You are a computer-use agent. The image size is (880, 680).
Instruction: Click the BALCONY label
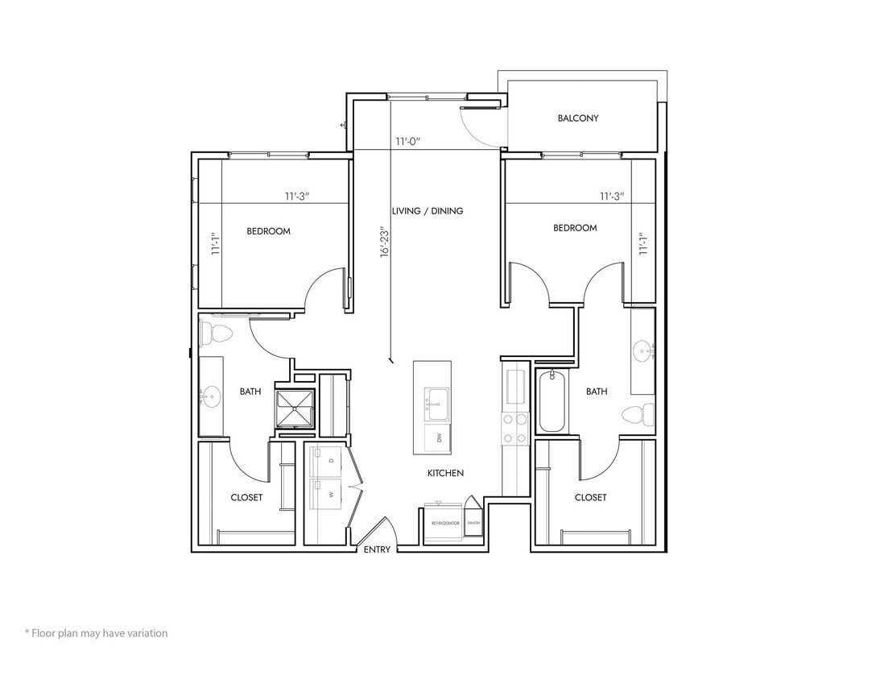(x=577, y=118)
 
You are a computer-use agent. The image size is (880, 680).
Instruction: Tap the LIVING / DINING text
(x=428, y=211)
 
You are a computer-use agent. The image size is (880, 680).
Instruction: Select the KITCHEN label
(x=445, y=473)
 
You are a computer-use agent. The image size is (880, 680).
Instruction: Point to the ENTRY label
(x=377, y=549)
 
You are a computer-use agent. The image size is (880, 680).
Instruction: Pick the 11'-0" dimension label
(x=408, y=142)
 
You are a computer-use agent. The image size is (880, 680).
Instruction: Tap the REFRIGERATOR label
(x=445, y=524)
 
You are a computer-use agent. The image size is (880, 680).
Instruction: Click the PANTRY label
(x=474, y=523)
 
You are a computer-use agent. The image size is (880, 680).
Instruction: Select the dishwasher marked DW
(x=439, y=437)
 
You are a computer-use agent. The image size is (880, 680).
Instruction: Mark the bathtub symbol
(x=552, y=400)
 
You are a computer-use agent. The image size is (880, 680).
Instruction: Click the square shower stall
(x=295, y=408)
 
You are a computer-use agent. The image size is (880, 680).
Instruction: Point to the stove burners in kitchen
(x=514, y=427)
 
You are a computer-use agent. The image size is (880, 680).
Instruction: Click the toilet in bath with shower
(x=217, y=332)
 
